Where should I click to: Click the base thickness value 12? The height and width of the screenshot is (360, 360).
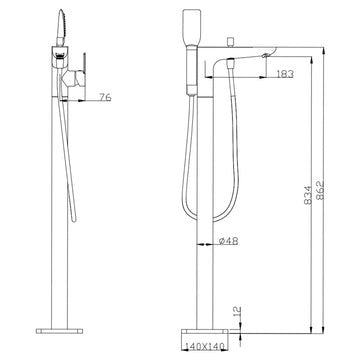tap(236, 314)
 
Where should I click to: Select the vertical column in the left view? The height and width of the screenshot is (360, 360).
tap(57, 200)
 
